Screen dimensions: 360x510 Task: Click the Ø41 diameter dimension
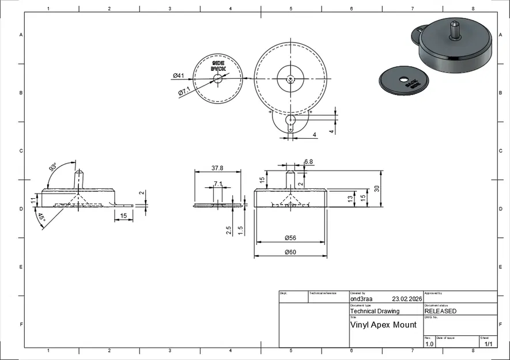(x=178, y=75)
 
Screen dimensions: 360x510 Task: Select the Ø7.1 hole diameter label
(x=184, y=91)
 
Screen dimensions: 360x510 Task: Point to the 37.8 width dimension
(x=217, y=168)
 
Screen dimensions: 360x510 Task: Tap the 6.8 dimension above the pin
(x=308, y=162)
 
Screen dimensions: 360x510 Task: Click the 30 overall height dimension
(x=377, y=189)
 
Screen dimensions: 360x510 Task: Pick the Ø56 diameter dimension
(x=290, y=237)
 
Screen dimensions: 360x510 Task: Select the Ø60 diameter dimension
(x=290, y=252)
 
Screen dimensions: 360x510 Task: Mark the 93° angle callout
(x=54, y=168)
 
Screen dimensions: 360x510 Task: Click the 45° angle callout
(x=41, y=218)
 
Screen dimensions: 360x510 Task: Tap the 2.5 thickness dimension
(x=229, y=230)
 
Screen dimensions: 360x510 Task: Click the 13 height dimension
(x=350, y=198)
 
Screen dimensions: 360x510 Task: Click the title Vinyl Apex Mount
(x=383, y=325)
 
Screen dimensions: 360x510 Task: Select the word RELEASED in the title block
(x=440, y=311)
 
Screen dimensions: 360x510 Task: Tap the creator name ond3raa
(x=361, y=299)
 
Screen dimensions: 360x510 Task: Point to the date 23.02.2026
(x=407, y=299)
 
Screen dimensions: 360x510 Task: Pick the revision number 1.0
(x=429, y=344)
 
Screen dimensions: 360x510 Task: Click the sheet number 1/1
(x=488, y=344)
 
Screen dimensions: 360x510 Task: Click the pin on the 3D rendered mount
(x=455, y=30)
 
